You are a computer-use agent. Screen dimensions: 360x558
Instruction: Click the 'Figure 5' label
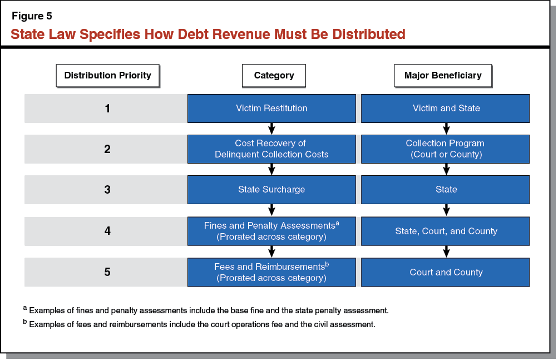(32, 16)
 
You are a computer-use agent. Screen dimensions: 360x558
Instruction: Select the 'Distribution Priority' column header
(107, 75)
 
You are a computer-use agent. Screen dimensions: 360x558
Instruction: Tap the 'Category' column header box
(274, 75)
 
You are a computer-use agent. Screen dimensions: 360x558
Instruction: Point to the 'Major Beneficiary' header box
(442, 75)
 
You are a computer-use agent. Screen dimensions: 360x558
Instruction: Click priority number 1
(107, 108)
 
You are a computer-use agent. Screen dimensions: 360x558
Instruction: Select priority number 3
(107, 190)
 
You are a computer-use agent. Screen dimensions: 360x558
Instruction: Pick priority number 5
(107, 272)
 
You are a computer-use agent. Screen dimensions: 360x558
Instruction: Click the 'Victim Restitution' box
(271, 108)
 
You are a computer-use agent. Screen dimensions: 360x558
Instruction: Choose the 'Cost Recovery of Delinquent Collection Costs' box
(271, 149)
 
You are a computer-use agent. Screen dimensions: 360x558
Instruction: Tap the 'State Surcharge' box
(271, 190)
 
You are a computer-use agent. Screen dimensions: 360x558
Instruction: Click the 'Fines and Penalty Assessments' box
(271, 231)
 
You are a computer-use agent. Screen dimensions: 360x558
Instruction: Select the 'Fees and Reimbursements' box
(271, 272)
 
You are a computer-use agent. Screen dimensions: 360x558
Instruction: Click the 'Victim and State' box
(446, 108)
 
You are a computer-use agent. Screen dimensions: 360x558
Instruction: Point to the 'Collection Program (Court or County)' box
(446, 149)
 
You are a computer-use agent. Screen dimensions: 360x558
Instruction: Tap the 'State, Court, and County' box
(446, 231)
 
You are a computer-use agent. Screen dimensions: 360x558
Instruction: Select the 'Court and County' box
(446, 272)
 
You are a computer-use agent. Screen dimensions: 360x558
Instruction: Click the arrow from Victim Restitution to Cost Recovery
(271, 129)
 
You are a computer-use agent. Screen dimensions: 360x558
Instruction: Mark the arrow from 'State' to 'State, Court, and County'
(446, 210)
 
